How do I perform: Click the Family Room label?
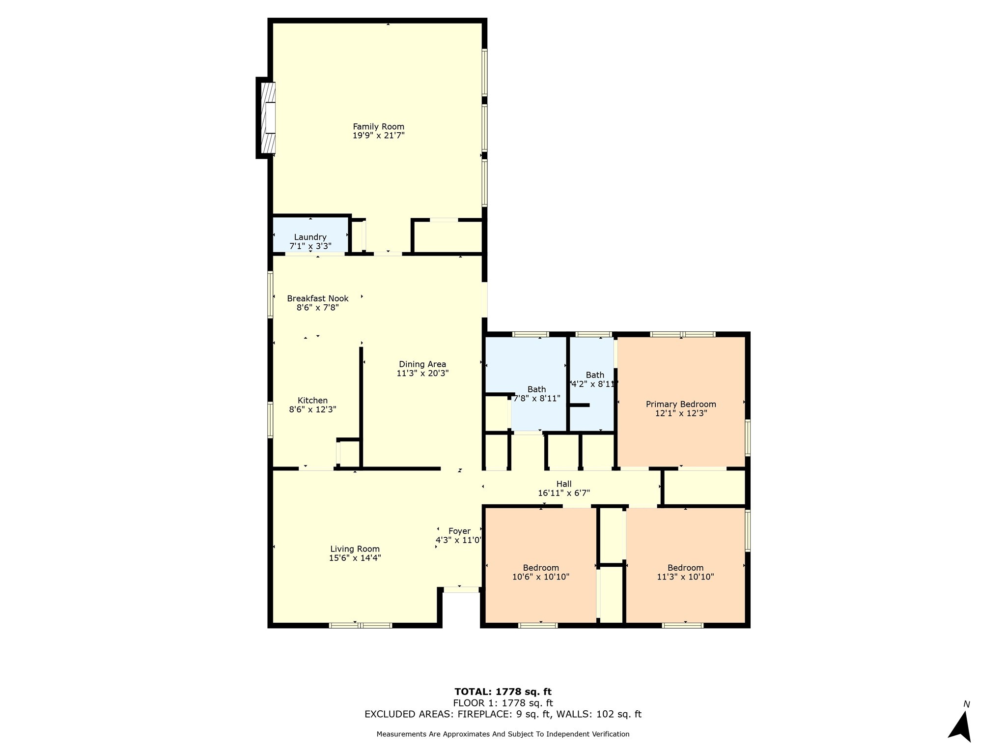click(378, 127)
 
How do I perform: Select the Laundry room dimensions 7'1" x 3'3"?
click(310, 246)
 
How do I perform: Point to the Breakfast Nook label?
click(318, 298)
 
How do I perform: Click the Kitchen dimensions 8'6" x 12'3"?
click(312, 409)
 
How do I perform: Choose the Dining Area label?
click(422, 364)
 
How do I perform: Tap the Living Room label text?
click(355, 549)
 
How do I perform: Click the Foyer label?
click(459, 531)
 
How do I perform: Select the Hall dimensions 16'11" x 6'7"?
click(564, 493)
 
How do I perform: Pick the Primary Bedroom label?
click(681, 404)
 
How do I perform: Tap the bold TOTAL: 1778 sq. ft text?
click(503, 692)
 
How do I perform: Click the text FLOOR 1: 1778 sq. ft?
click(503, 703)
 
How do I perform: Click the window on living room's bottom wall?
click(361, 625)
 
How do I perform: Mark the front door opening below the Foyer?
click(461, 589)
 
